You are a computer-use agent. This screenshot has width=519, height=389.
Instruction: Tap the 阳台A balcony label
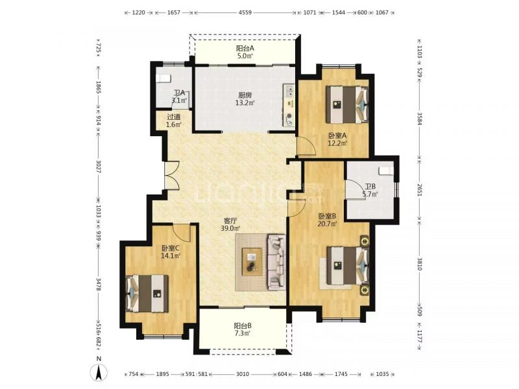245,48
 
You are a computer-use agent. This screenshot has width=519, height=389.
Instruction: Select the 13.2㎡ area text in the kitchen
245,103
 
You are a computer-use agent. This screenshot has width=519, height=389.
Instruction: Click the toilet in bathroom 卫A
163,78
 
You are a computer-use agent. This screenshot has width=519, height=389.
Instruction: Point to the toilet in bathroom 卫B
386,171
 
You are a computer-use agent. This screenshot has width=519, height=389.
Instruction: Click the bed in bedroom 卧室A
347,105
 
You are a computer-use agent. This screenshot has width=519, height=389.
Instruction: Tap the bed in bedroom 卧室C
147,293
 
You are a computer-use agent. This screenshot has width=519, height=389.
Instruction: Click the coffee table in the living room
252,262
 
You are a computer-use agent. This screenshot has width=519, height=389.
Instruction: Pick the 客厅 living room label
230,220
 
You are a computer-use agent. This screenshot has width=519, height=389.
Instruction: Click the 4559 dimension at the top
245,12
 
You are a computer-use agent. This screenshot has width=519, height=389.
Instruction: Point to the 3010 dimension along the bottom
243,374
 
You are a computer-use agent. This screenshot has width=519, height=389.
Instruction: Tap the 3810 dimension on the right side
419,264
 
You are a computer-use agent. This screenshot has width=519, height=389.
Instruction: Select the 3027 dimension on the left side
99,167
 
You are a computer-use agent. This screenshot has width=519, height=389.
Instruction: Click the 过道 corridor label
174,117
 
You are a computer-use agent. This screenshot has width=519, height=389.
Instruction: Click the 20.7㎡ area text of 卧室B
328,224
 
